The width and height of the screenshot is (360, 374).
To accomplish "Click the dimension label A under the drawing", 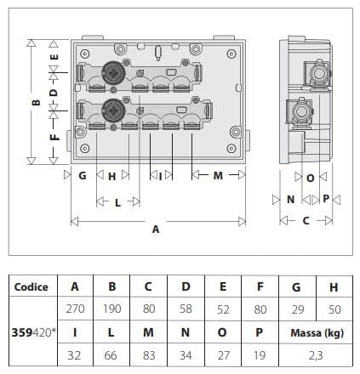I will point(155,228).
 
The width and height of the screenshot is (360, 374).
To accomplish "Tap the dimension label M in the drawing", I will point(217,176).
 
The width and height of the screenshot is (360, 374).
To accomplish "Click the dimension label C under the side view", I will point(306,219).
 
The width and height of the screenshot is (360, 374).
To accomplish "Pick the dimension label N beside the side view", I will point(290,199).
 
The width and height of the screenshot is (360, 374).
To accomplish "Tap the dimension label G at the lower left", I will point(83,176).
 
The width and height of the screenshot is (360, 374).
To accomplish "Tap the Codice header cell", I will point(31,286).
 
